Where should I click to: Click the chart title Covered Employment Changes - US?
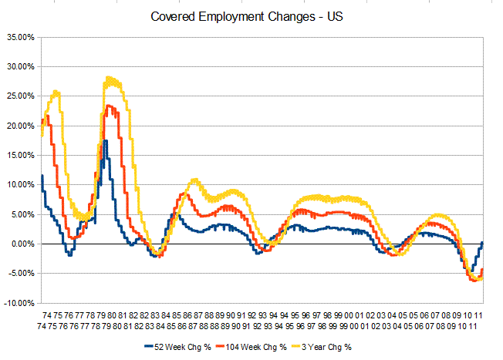249,16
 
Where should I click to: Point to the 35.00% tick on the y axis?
19,37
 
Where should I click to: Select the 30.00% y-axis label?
19,66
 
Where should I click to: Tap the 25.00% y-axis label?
19,96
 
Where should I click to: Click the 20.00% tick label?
19,126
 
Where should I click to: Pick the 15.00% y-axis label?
19,156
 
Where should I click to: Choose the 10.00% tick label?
19,185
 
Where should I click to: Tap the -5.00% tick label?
20,274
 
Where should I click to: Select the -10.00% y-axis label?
19,304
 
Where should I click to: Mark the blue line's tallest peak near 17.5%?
106,140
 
